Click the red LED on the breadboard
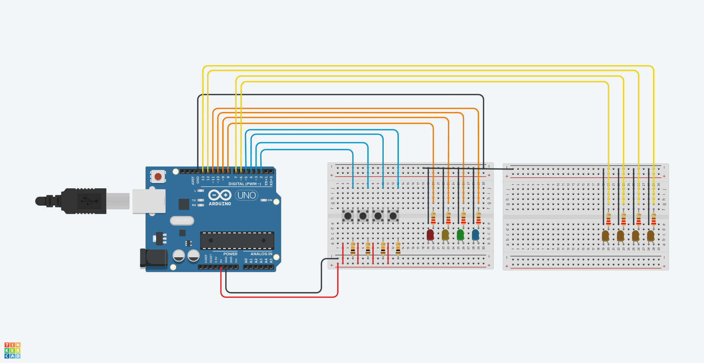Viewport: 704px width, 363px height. pos(430,234)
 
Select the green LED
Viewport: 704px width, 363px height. pos(460,234)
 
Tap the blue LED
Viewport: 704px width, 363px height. pos(475,234)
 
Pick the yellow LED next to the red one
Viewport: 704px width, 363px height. pos(445,234)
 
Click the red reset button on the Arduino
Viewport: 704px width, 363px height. pos(158,177)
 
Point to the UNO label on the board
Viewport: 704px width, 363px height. pos(246,195)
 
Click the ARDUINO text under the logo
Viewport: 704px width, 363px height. pos(220,204)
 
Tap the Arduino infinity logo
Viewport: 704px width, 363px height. pos(220,195)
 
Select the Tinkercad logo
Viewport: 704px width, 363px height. pos(12,350)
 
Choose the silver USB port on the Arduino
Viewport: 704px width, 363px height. pos(149,201)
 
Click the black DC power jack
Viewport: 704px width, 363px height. pos(153,258)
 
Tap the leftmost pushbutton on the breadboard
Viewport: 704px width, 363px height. pos(348,216)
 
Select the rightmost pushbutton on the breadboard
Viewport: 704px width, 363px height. pos(393,216)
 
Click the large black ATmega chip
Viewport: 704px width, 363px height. pos(237,240)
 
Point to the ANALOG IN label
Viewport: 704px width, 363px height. pos(261,254)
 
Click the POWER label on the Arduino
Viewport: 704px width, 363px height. pos(230,254)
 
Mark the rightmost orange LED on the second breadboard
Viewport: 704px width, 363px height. pos(651,235)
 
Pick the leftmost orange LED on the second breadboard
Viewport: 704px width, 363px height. pos(605,235)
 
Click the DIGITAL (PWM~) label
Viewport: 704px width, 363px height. pos(244,184)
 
